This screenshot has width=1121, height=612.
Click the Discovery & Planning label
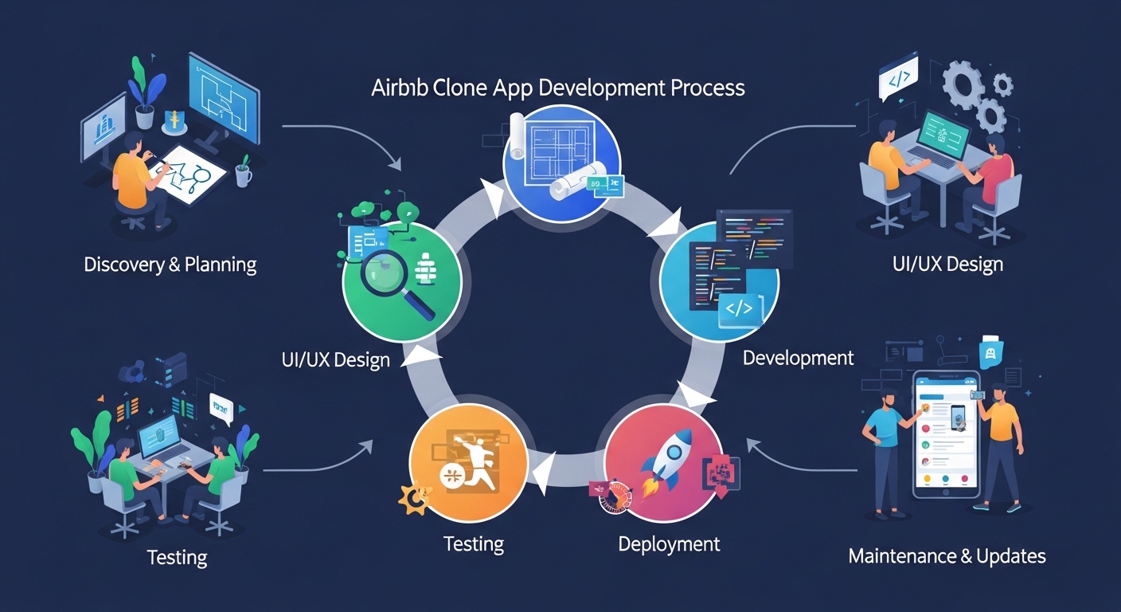tap(170, 264)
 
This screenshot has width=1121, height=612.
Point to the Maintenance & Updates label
tap(947, 555)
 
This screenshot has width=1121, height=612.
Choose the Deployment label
tap(669, 544)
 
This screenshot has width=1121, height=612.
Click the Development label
tap(798, 358)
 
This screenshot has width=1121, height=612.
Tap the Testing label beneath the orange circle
tap(473, 544)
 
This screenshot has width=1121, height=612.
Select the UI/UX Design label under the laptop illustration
tap(947, 264)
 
